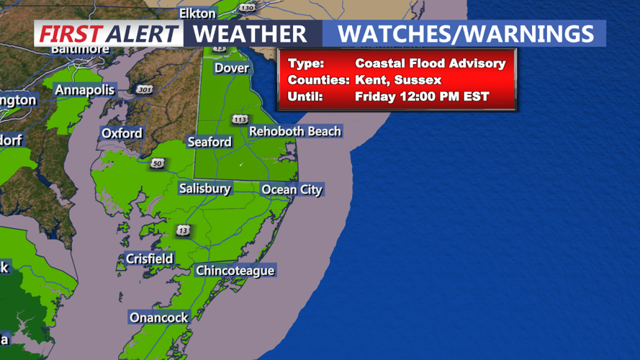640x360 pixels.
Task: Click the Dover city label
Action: point(231,68)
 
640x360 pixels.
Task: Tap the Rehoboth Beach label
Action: point(294,131)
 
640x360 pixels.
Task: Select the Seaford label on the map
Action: point(209,142)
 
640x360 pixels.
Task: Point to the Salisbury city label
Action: point(205,189)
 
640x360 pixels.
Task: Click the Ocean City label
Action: point(292,190)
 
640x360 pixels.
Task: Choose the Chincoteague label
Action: point(235,271)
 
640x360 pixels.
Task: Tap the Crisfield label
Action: point(149,258)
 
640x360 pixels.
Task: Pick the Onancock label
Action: point(158,318)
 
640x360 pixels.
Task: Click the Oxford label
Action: point(122,133)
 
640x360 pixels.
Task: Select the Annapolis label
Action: point(85,90)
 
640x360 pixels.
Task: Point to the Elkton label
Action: point(197,13)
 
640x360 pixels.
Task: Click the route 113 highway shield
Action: point(239,119)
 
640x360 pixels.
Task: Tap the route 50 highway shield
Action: point(158,165)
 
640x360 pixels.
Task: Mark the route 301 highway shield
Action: point(143,89)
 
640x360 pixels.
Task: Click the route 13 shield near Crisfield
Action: point(184,230)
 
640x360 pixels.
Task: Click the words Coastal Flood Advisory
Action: point(430,63)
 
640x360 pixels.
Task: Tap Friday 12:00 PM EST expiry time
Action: point(422,96)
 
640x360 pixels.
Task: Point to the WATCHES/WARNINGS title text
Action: point(466,34)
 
